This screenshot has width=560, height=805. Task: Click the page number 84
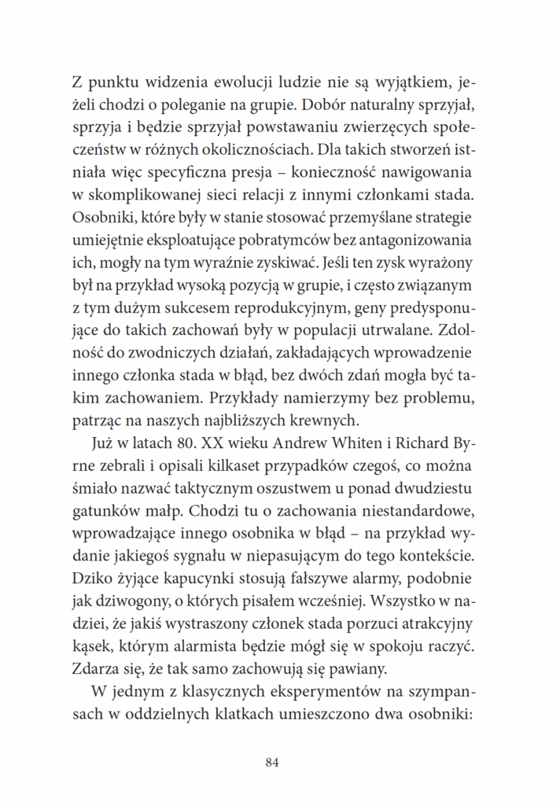[x=273, y=762]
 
